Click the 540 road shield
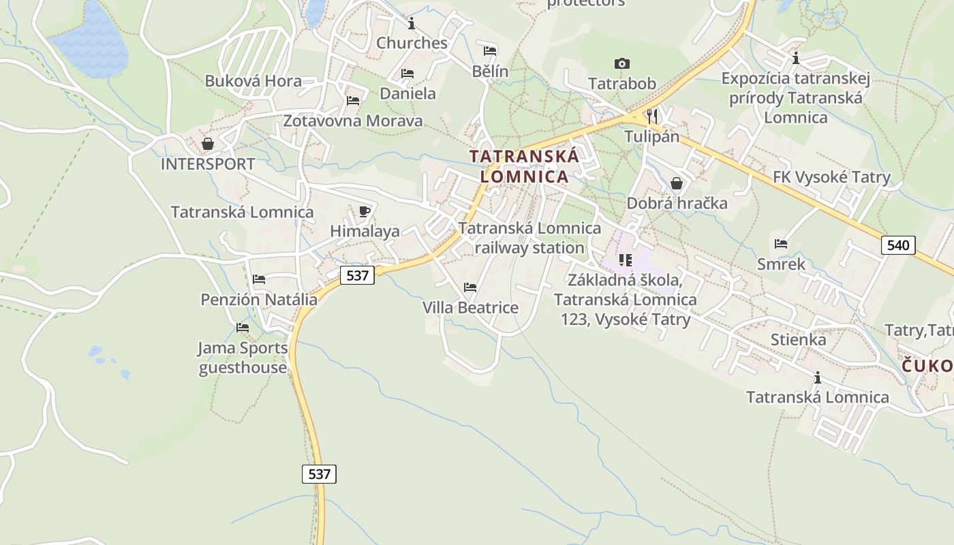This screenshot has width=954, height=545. pos(898,245)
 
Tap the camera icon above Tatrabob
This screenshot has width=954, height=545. pos(621,63)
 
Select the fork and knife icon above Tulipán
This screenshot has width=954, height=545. pos(652,115)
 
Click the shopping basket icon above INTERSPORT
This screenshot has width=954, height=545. pos(208,144)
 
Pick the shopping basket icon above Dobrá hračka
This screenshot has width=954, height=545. pos(677,183)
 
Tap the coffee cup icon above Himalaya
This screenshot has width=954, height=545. pos(365,211)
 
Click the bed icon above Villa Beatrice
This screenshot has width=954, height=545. pos(470,287)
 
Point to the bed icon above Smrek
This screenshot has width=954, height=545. pos(781,243)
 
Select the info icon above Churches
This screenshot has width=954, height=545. pos(412,24)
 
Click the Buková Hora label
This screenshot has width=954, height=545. pos(253,81)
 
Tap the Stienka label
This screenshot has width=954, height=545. pos(798,339)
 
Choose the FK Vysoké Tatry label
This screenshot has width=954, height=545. pos(831,178)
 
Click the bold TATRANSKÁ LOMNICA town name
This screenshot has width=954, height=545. pos(524,166)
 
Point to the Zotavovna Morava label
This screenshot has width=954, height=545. pos(352,121)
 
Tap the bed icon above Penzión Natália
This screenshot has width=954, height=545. pos(259,279)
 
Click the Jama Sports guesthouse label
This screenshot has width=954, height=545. pos(243,358)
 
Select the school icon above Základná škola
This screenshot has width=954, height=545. pos(625,260)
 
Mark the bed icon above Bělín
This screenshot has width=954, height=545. pos(490,50)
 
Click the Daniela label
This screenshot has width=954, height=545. pos(407,93)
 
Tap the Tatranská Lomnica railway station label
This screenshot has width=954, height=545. pos(529,238)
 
